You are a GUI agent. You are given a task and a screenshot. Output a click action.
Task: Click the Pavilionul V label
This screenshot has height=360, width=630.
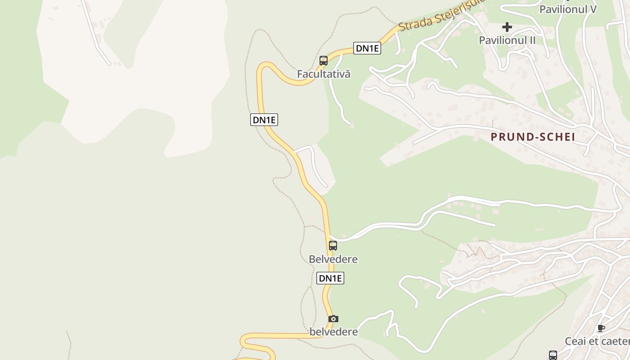568,9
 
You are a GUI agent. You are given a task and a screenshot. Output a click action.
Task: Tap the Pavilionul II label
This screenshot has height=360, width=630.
507,40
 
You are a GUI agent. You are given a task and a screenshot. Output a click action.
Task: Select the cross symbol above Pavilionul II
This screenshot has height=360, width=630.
507,27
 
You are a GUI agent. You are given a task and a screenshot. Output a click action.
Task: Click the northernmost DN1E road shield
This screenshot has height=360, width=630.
367,48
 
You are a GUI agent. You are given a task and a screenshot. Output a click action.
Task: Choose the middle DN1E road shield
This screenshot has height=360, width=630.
264,120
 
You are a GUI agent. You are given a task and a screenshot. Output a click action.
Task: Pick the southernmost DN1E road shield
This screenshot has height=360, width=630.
330,278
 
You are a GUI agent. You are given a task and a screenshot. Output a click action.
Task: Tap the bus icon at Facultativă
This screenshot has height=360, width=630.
323,61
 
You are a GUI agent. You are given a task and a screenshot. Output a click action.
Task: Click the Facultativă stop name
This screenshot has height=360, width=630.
324,74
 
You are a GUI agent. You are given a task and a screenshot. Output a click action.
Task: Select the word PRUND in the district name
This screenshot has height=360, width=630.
508,137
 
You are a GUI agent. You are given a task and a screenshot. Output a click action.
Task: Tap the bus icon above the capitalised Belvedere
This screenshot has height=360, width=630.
333,246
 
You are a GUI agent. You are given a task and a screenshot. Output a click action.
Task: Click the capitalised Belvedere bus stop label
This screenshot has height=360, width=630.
333,259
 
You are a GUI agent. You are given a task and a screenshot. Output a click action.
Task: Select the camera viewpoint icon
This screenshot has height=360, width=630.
333,319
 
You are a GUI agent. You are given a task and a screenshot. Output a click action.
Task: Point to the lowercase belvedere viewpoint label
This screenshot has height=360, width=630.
333,332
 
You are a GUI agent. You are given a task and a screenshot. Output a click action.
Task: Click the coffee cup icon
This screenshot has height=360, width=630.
600,328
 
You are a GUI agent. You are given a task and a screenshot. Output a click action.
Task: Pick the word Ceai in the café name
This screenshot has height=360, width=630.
575,341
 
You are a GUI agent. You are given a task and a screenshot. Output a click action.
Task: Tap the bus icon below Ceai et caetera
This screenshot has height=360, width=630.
553,355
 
